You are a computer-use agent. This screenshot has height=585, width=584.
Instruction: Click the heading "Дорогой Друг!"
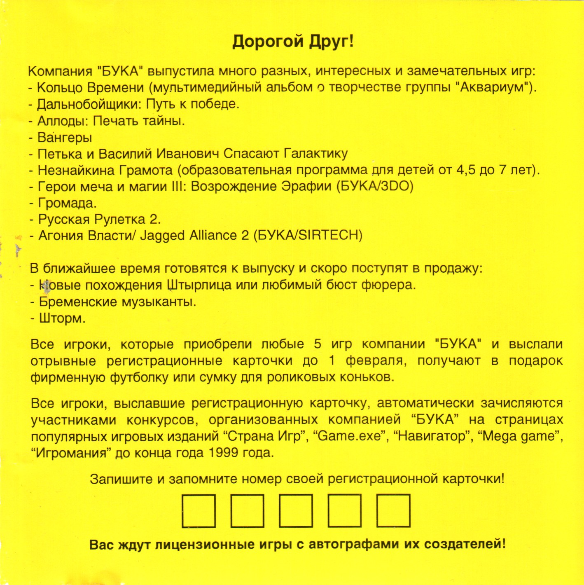coord(293,42)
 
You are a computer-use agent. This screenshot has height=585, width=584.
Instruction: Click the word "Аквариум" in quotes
coord(494,88)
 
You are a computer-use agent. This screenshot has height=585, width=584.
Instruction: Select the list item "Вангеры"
coord(65,137)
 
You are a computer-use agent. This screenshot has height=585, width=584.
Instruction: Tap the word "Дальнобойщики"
coord(90,104)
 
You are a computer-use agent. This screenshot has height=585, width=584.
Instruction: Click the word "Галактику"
coord(315,154)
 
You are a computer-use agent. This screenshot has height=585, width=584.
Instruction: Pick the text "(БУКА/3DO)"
coord(375,186)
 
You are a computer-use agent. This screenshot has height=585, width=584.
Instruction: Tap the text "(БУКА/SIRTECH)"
coord(308,236)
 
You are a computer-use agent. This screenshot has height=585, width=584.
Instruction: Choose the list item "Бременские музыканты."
coord(117,302)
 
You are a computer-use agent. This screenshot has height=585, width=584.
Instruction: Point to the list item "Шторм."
coord(62,318)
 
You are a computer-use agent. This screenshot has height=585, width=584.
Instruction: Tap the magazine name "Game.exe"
coord(350,436)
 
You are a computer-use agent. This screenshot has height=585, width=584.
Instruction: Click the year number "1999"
coord(223,453)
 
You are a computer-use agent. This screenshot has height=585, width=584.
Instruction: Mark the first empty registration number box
coord(199,511)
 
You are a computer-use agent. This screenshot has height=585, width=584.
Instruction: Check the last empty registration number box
coord(393,511)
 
